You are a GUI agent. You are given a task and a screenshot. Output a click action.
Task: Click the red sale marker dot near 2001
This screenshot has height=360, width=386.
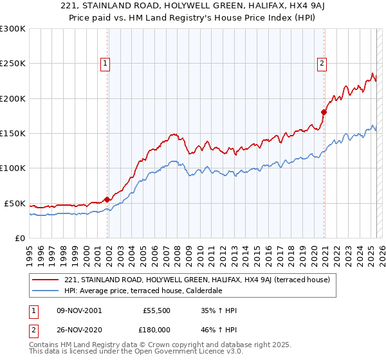point(107,199)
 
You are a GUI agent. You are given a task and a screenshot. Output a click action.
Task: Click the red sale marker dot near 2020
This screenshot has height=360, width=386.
point(324,113)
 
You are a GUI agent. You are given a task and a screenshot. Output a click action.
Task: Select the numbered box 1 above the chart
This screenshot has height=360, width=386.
point(104,63)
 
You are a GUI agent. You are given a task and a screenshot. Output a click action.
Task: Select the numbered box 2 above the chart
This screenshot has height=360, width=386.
point(321,63)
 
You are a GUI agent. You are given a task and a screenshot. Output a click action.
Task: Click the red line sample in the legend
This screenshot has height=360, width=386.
point(45,280)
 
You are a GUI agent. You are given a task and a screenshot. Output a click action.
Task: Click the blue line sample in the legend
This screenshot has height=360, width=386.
point(45,291)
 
